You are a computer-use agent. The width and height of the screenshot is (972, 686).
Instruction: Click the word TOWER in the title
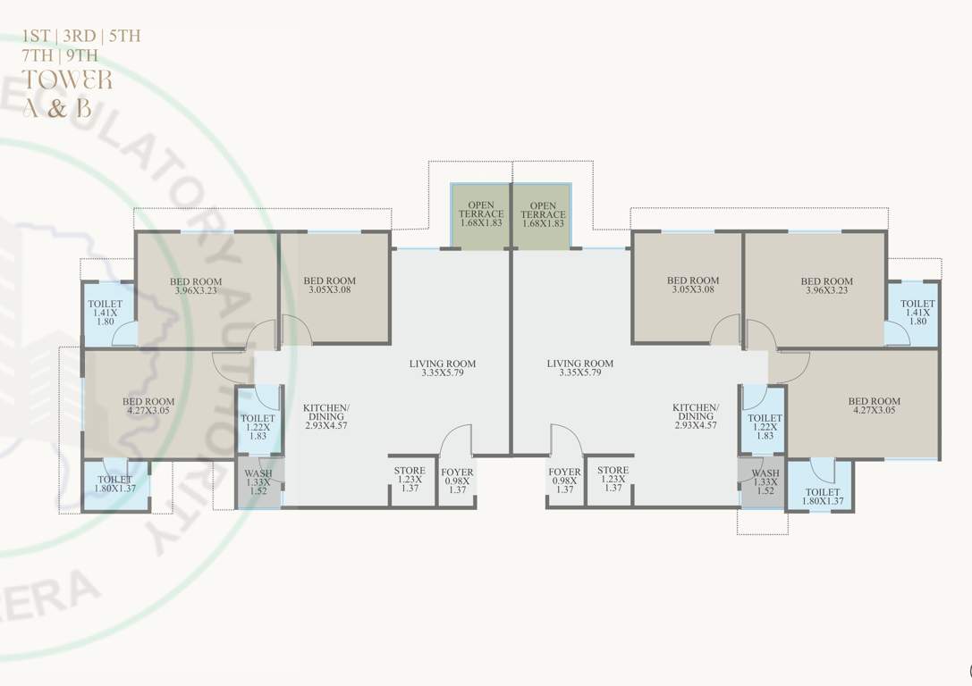[68, 79]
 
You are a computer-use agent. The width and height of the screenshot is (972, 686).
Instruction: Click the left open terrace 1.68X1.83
[481, 215]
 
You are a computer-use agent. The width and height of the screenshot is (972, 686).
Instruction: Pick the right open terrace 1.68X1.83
[543, 215]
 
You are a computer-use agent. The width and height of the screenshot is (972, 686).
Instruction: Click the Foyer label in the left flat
[457, 480]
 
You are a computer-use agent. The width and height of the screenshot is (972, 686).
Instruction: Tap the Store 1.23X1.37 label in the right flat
[613, 479]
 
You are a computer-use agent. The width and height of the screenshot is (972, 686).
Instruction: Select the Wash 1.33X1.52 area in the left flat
[258, 482]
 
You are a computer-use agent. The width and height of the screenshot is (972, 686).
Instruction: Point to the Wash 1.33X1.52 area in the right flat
[765, 482]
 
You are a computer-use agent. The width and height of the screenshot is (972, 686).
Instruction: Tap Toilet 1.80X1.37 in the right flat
[822, 498]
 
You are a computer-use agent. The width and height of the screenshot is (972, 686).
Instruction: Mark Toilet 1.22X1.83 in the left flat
[258, 426]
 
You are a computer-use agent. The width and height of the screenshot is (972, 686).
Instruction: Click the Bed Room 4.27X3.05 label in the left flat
[148, 407]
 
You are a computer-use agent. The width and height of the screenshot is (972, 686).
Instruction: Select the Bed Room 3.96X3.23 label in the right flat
[826, 287]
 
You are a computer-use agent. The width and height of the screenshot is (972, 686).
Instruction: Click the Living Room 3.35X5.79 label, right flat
[580, 369]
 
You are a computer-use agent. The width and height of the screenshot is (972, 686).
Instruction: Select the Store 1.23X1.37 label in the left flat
[410, 479]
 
